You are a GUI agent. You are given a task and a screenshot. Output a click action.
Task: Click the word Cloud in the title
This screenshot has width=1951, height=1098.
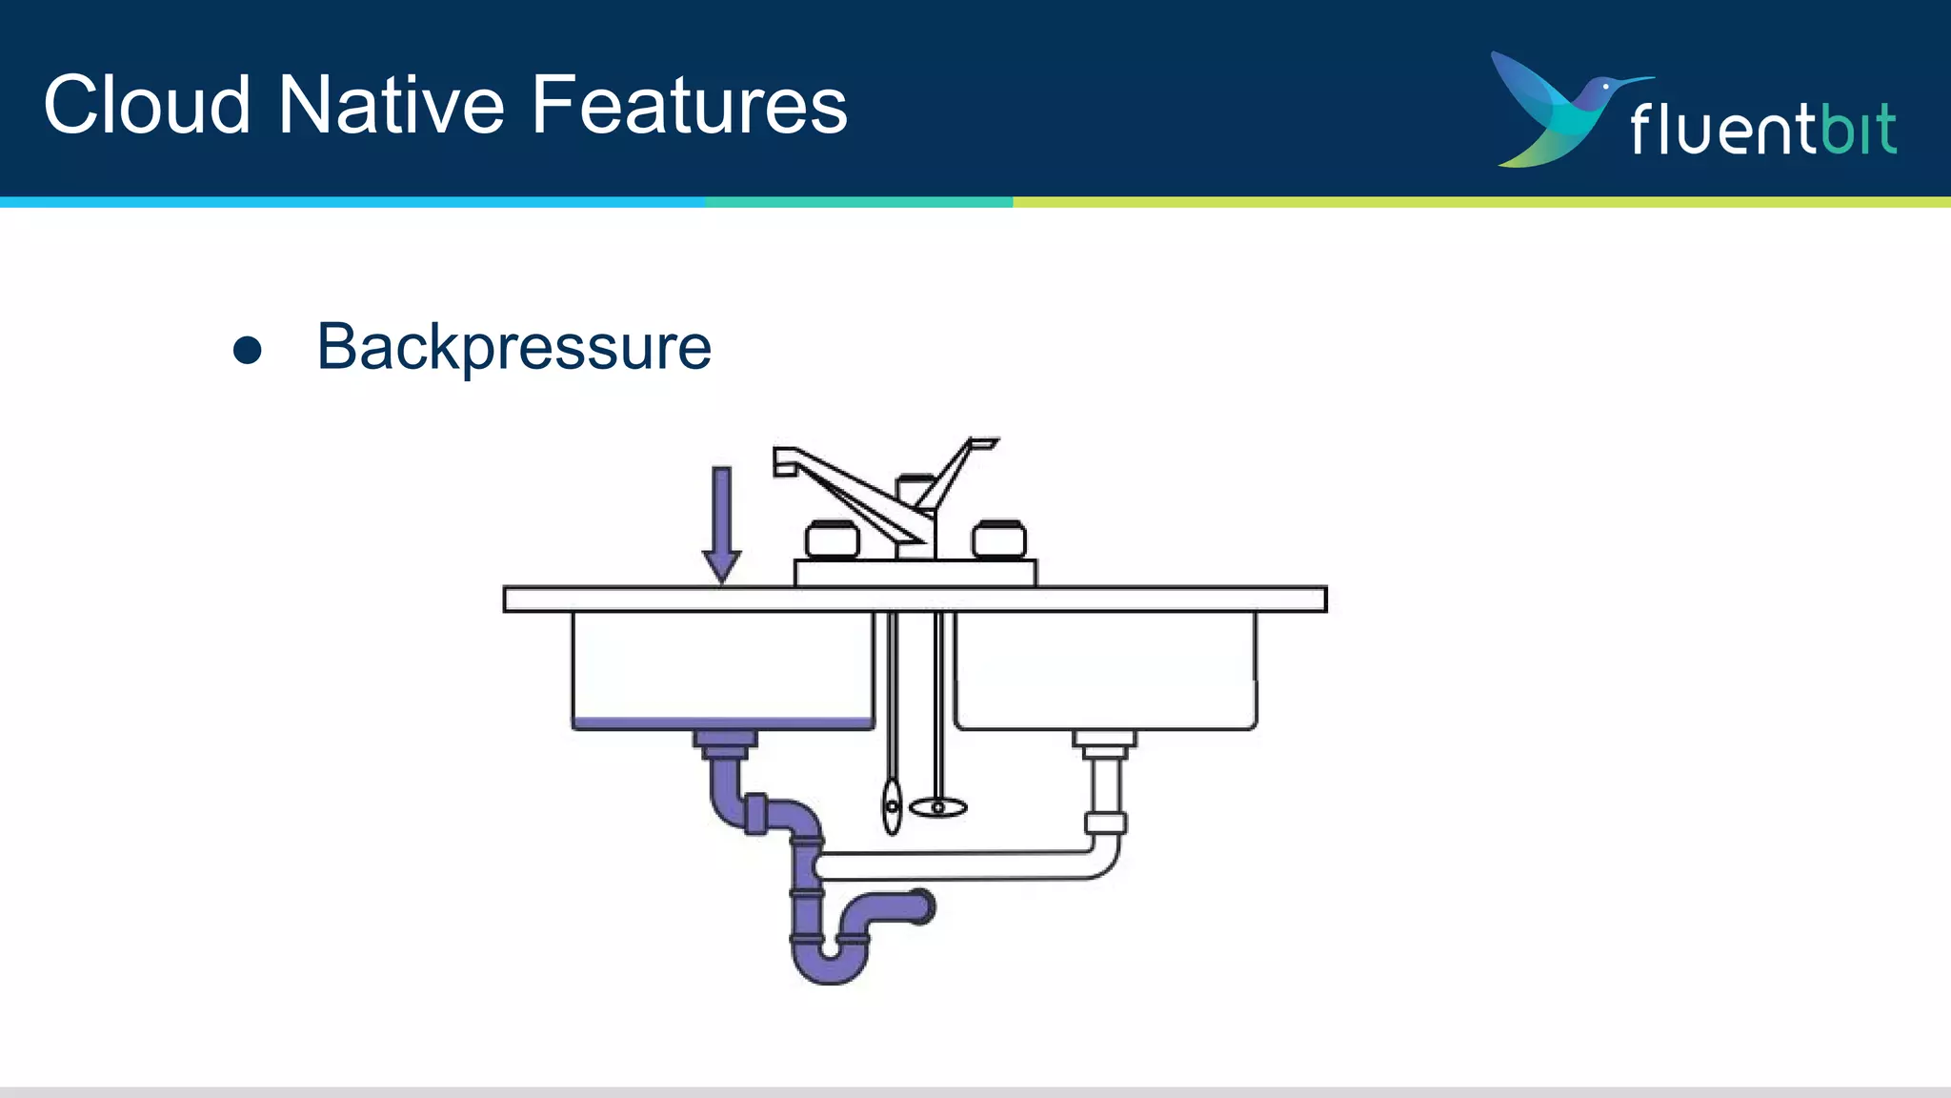click(x=147, y=105)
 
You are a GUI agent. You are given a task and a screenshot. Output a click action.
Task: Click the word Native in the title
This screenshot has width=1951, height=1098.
click(x=392, y=105)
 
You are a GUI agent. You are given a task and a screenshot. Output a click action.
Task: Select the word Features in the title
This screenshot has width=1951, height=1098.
click(x=689, y=105)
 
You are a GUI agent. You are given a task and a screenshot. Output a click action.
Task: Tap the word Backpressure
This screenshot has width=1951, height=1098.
click(x=513, y=348)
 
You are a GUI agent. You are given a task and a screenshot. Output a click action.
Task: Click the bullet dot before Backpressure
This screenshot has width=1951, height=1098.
click(x=248, y=350)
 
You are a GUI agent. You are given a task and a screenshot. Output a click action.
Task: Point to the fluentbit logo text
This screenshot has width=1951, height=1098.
click(x=1762, y=129)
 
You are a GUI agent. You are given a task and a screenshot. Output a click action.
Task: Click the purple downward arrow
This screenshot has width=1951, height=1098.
click(x=722, y=524)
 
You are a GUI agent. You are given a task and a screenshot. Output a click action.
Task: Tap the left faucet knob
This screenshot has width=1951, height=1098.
click(x=832, y=539)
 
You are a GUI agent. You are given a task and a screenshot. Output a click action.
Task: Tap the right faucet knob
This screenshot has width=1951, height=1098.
click(x=998, y=539)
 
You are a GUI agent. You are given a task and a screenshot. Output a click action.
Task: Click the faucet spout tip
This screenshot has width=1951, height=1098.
click(x=784, y=462)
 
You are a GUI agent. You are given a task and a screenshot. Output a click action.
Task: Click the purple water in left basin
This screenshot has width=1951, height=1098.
click(x=722, y=723)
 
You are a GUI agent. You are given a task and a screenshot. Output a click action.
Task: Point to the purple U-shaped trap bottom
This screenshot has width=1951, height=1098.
click(x=830, y=967)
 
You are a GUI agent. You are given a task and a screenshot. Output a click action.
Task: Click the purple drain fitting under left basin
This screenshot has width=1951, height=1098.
click(x=726, y=742)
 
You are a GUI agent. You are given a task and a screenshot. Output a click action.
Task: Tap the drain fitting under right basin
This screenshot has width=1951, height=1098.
click(x=1105, y=742)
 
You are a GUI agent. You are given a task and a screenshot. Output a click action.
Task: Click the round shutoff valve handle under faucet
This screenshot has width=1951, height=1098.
click(x=938, y=808)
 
